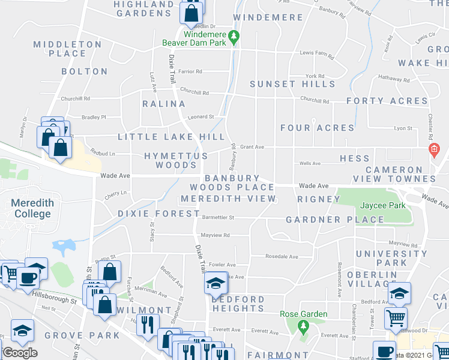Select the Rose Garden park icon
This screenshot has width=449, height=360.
coord(303,326)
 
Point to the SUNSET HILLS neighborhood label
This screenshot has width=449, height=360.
coord(292,84)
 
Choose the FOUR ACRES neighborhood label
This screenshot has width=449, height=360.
coord(317,128)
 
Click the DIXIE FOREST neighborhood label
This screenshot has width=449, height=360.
coord(158,214)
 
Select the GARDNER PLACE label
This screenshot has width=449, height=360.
coord(334,220)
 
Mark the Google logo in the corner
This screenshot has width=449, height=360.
coord(20,353)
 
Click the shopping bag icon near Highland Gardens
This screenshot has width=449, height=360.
coord(190,13)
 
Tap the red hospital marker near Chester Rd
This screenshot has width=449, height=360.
coord(432,148)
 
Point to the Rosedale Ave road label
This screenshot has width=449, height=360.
coord(282,257)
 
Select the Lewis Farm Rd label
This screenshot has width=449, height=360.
coord(316,53)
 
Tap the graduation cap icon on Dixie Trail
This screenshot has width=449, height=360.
coord(215,283)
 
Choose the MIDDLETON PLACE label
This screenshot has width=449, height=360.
coord(67,49)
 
